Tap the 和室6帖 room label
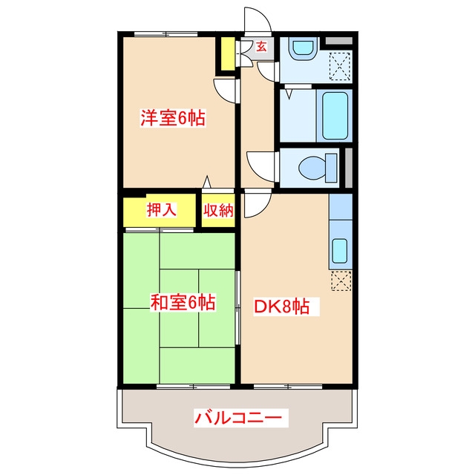click(x=183, y=302)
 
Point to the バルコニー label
click(x=238, y=418)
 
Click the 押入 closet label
click(x=161, y=209)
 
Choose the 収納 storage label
click(x=219, y=210)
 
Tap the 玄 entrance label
click(x=261, y=47)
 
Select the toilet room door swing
click(x=262, y=164)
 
